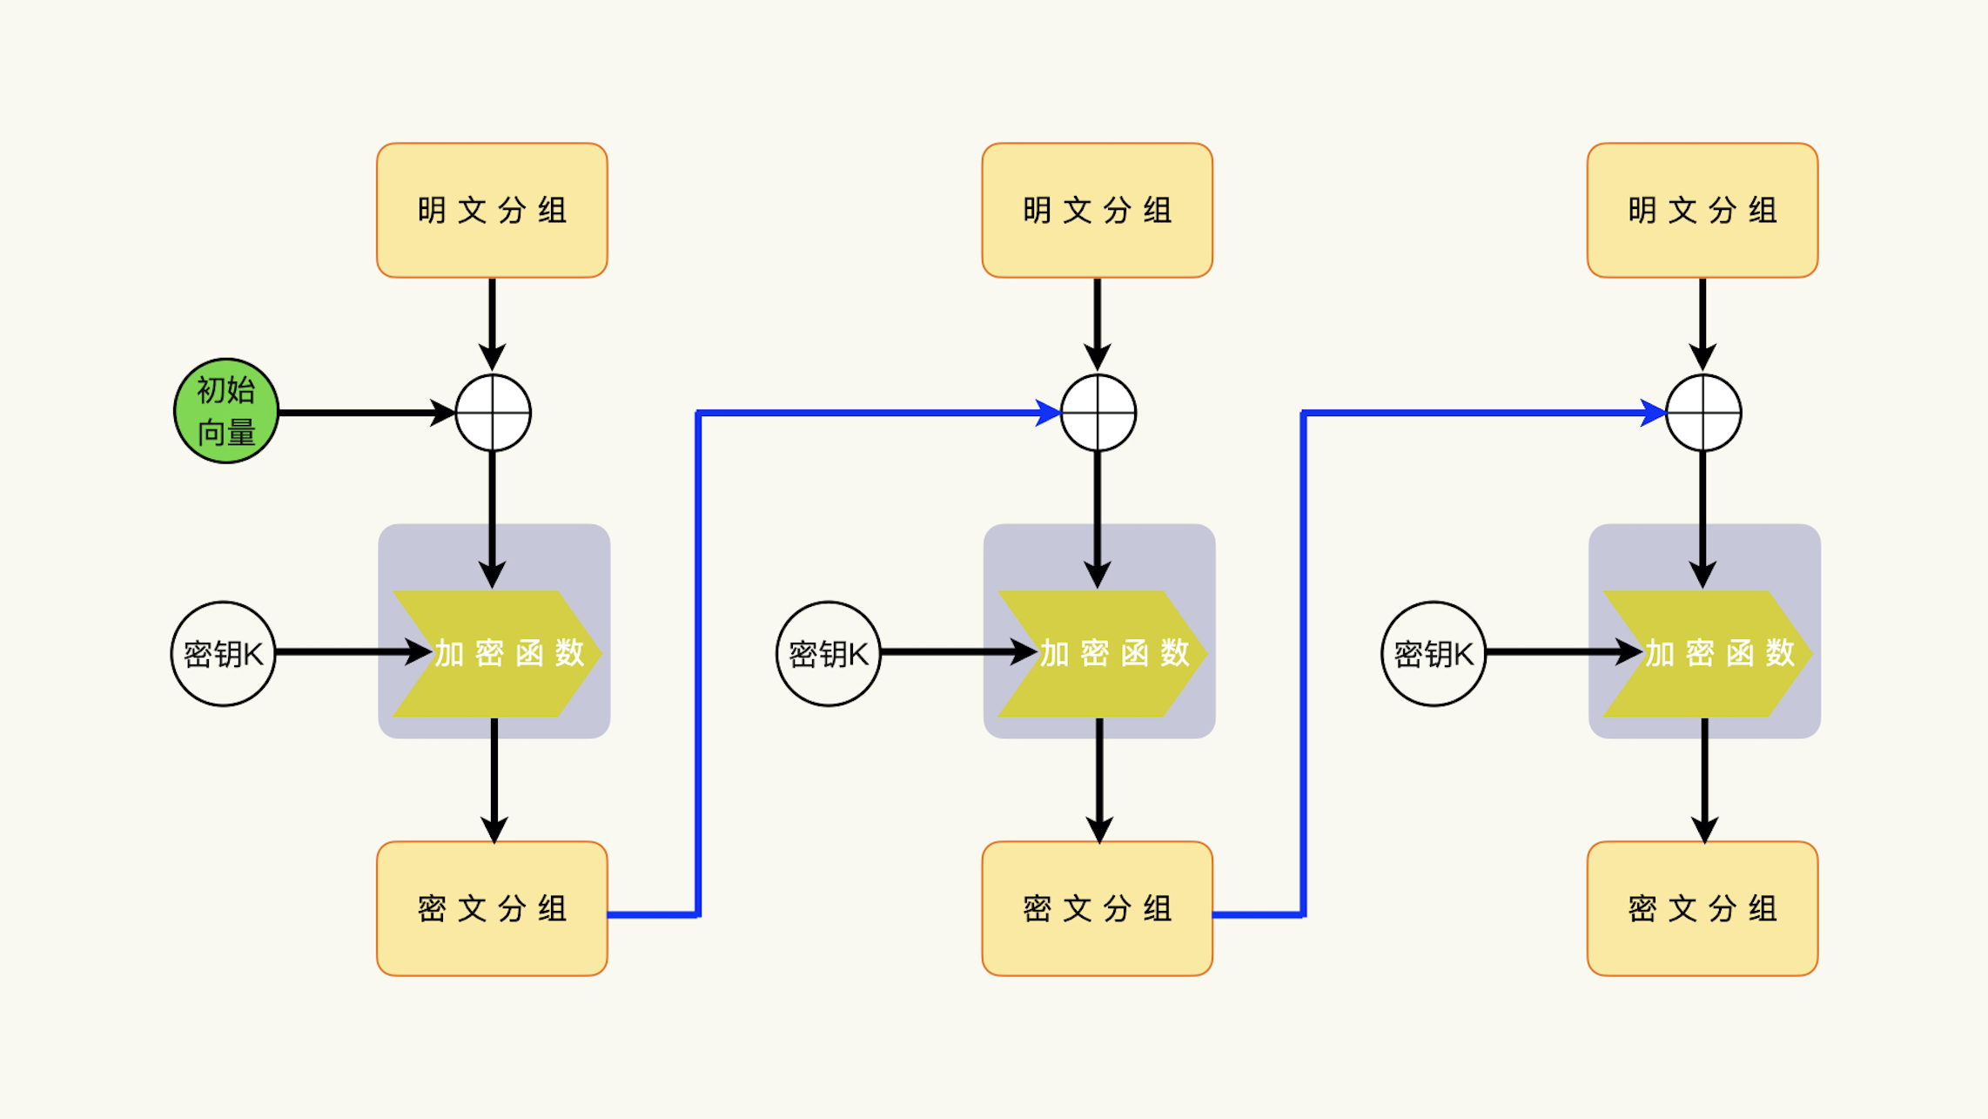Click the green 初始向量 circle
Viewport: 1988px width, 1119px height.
click(226, 411)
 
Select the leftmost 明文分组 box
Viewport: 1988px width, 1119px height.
click(492, 211)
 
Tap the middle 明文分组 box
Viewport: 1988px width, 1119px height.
click(1097, 211)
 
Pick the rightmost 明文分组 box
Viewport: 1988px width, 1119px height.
click(1702, 211)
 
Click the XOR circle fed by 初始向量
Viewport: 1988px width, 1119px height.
click(493, 413)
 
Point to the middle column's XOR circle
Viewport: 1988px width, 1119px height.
click(1098, 413)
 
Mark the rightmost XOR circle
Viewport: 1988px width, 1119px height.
click(1703, 413)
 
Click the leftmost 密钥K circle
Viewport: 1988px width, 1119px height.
click(224, 653)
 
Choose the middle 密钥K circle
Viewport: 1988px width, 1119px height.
click(829, 653)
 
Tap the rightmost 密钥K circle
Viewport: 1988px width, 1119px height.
click(1434, 653)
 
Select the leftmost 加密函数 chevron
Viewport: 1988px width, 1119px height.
click(496, 653)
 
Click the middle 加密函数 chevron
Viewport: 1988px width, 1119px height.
click(1101, 653)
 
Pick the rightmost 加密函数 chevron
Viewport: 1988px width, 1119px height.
click(1706, 653)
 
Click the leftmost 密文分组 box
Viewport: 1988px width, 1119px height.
click(492, 908)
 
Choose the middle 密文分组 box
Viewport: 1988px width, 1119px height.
click(1097, 908)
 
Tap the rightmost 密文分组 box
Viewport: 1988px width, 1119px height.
click(1702, 908)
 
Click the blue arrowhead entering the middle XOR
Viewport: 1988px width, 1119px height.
click(1048, 413)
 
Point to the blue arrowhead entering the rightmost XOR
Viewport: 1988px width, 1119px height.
click(1653, 413)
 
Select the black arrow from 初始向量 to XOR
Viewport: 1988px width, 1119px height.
click(366, 413)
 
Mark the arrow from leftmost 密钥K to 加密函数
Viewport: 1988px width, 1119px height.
click(348, 651)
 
